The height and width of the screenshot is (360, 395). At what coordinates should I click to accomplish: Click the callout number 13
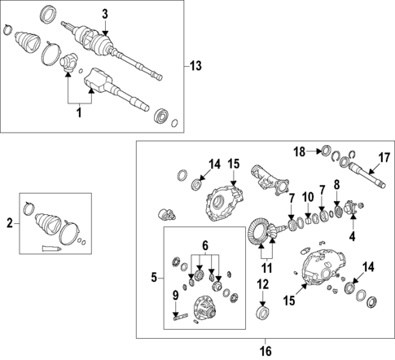[195, 66]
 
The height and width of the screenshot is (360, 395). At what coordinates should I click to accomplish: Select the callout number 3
[105, 14]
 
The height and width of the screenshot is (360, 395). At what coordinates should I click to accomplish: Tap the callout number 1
[79, 112]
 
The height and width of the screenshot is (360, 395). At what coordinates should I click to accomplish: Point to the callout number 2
[10, 224]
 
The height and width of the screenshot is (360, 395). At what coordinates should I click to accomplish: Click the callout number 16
[266, 351]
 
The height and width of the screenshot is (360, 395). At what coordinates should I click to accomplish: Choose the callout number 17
[384, 158]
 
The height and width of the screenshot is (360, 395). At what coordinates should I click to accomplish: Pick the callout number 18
[300, 151]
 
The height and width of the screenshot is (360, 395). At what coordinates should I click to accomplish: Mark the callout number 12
[263, 284]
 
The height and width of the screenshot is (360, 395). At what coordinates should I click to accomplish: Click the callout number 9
[176, 296]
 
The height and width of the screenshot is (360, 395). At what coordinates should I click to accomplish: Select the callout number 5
[154, 278]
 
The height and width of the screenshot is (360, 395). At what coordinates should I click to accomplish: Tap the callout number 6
[205, 246]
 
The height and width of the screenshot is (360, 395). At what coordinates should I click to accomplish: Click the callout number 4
[352, 236]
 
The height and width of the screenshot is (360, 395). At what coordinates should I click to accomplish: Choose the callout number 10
[308, 197]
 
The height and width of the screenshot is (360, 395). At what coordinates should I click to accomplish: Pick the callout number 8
[336, 185]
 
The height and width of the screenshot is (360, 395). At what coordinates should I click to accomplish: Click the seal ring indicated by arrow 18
[326, 151]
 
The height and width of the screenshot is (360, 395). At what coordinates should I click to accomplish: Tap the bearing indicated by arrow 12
[262, 312]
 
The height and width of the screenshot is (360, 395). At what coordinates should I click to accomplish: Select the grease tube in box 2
[51, 248]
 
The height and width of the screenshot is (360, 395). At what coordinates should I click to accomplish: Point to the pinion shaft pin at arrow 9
[181, 317]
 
